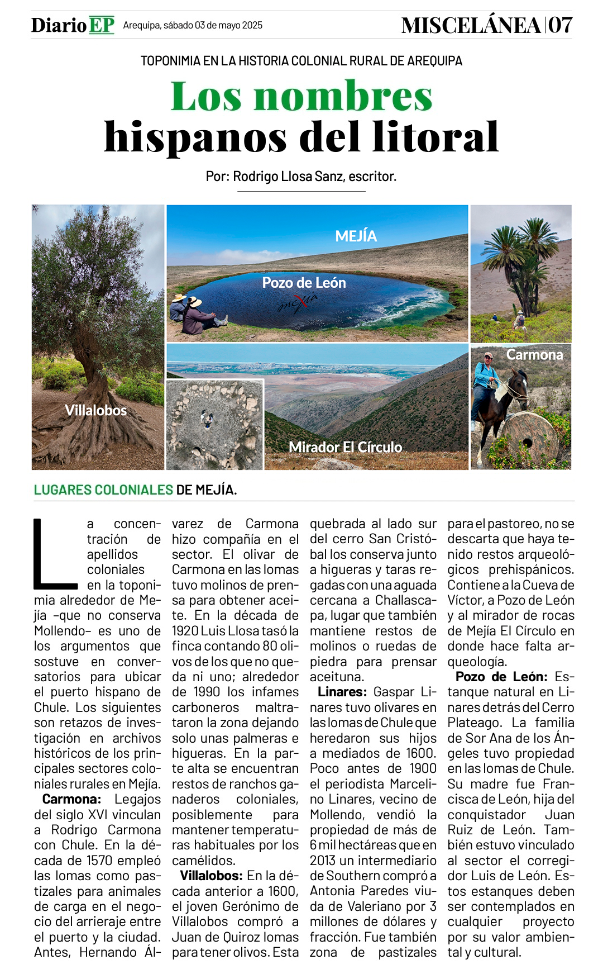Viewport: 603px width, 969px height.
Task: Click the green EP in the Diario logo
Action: (x=101, y=25)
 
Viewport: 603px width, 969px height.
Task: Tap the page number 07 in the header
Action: (x=559, y=25)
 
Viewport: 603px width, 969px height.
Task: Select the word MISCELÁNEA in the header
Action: (x=471, y=26)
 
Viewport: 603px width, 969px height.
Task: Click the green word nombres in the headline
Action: (x=343, y=97)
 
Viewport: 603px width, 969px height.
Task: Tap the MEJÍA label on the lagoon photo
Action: (x=356, y=236)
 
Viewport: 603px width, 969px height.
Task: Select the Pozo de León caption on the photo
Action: (x=304, y=283)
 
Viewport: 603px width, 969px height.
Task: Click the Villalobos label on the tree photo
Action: (x=96, y=411)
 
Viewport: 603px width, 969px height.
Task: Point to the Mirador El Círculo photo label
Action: (x=345, y=447)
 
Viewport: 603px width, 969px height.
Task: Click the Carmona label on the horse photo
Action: (x=534, y=355)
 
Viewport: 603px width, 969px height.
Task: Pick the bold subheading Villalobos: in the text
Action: (x=211, y=876)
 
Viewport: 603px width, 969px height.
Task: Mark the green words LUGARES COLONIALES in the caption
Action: (x=103, y=490)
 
